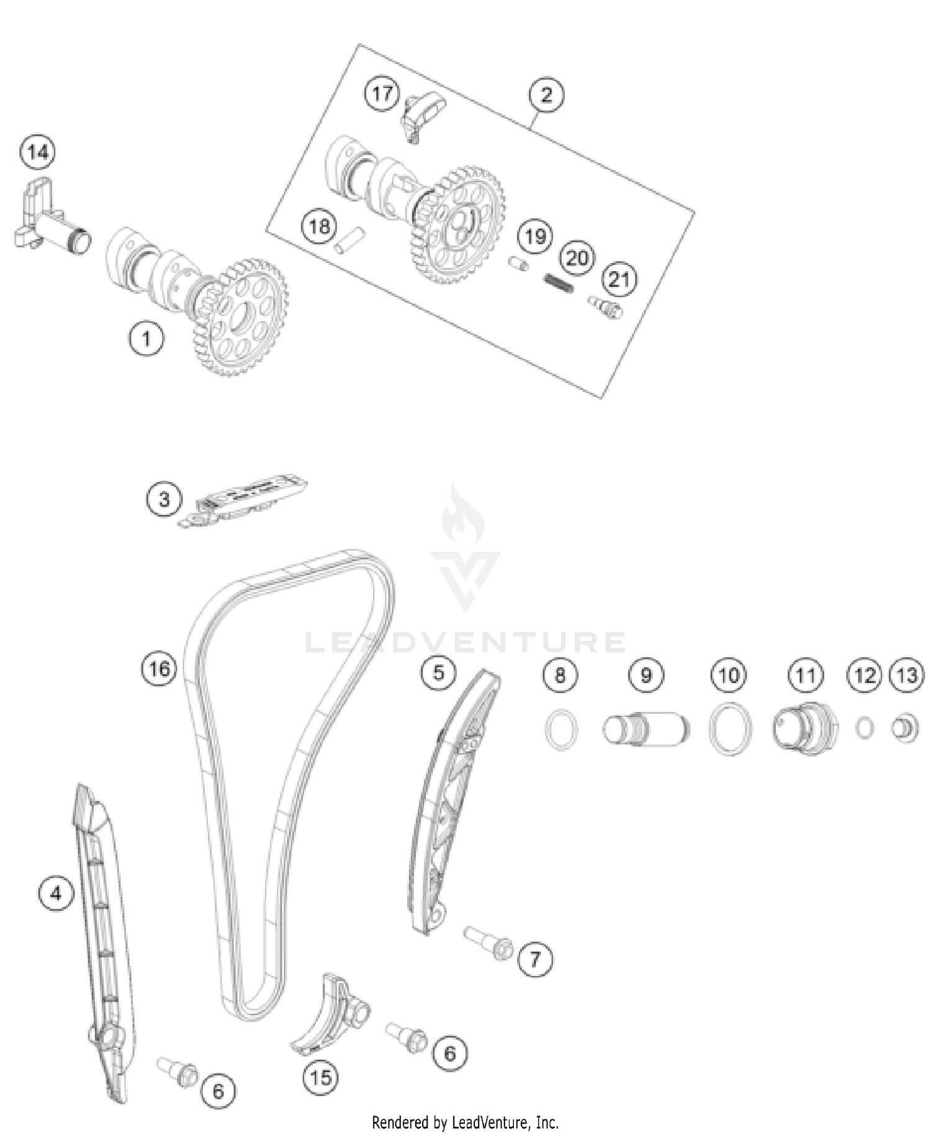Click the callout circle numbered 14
point(37,152)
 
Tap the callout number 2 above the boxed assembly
point(546,95)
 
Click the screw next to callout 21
point(606,306)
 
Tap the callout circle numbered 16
point(159,669)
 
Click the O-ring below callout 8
point(562,729)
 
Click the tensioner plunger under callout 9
point(645,728)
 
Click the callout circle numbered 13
point(907,675)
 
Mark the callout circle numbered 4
point(56,894)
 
